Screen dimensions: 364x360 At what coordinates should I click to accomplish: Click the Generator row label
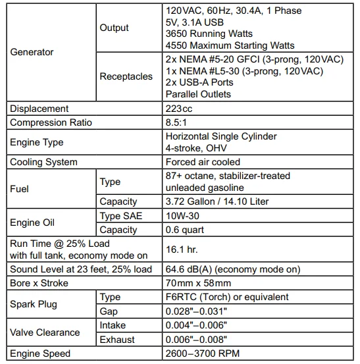pos(32,51)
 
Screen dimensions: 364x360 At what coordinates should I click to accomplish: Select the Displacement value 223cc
pos(178,109)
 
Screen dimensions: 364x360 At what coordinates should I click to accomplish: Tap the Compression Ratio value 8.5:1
pos(176,122)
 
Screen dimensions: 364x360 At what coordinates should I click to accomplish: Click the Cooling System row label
pos(43,162)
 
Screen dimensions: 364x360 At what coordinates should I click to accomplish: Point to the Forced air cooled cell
pos(203,162)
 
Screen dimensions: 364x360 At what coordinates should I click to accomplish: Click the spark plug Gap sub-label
pos(109,311)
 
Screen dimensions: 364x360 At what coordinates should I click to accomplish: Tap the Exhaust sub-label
pos(117,339)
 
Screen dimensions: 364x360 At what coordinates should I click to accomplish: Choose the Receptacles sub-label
pos(125,76)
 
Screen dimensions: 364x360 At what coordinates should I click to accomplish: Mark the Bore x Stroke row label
pos(39,283)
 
